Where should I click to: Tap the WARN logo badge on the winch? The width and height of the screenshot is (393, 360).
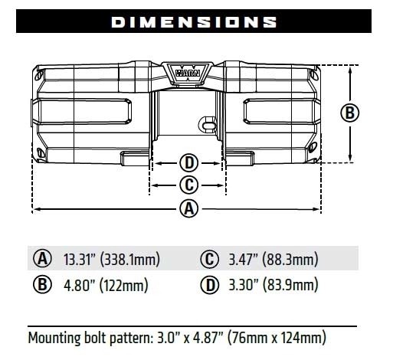188,74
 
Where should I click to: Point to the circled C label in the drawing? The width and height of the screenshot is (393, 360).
188,185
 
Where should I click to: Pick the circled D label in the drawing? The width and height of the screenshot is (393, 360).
188,162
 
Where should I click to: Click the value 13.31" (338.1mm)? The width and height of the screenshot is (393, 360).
111,259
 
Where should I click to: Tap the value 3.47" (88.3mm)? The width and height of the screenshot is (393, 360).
273,259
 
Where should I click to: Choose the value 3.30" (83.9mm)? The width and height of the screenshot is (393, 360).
273,286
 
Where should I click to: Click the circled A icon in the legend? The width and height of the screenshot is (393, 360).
42,259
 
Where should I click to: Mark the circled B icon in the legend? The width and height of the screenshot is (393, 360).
42,286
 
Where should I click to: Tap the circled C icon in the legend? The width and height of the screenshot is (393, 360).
208,259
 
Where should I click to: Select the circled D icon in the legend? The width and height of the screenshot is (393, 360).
208,286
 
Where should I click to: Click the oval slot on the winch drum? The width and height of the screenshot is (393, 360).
205,121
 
